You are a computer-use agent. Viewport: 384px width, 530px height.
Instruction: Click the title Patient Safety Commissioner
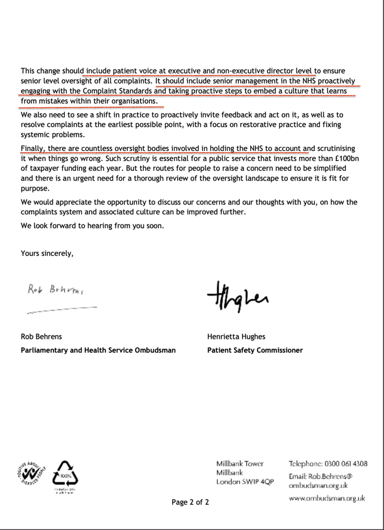click(x=255, y=350)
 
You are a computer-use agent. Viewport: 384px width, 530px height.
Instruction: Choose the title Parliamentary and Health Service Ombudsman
click(x=98, y=350)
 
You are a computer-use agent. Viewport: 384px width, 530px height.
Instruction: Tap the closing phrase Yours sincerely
click(x=47, y=253)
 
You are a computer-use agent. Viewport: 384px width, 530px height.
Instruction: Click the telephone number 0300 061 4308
click(x=344, y=464)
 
